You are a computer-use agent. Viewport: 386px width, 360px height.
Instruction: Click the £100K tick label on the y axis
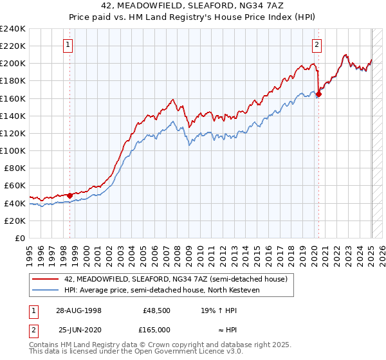coord(13,150)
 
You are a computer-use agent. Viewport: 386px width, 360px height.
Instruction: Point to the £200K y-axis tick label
coord(13,64)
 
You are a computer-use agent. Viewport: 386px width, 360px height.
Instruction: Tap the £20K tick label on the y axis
coord(15,221)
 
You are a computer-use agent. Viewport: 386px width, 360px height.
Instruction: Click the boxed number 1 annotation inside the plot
coord(68,44)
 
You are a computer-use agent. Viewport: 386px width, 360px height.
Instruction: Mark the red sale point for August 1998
coord(70,195)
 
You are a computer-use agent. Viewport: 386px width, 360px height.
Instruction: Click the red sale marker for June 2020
coord(318,94)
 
